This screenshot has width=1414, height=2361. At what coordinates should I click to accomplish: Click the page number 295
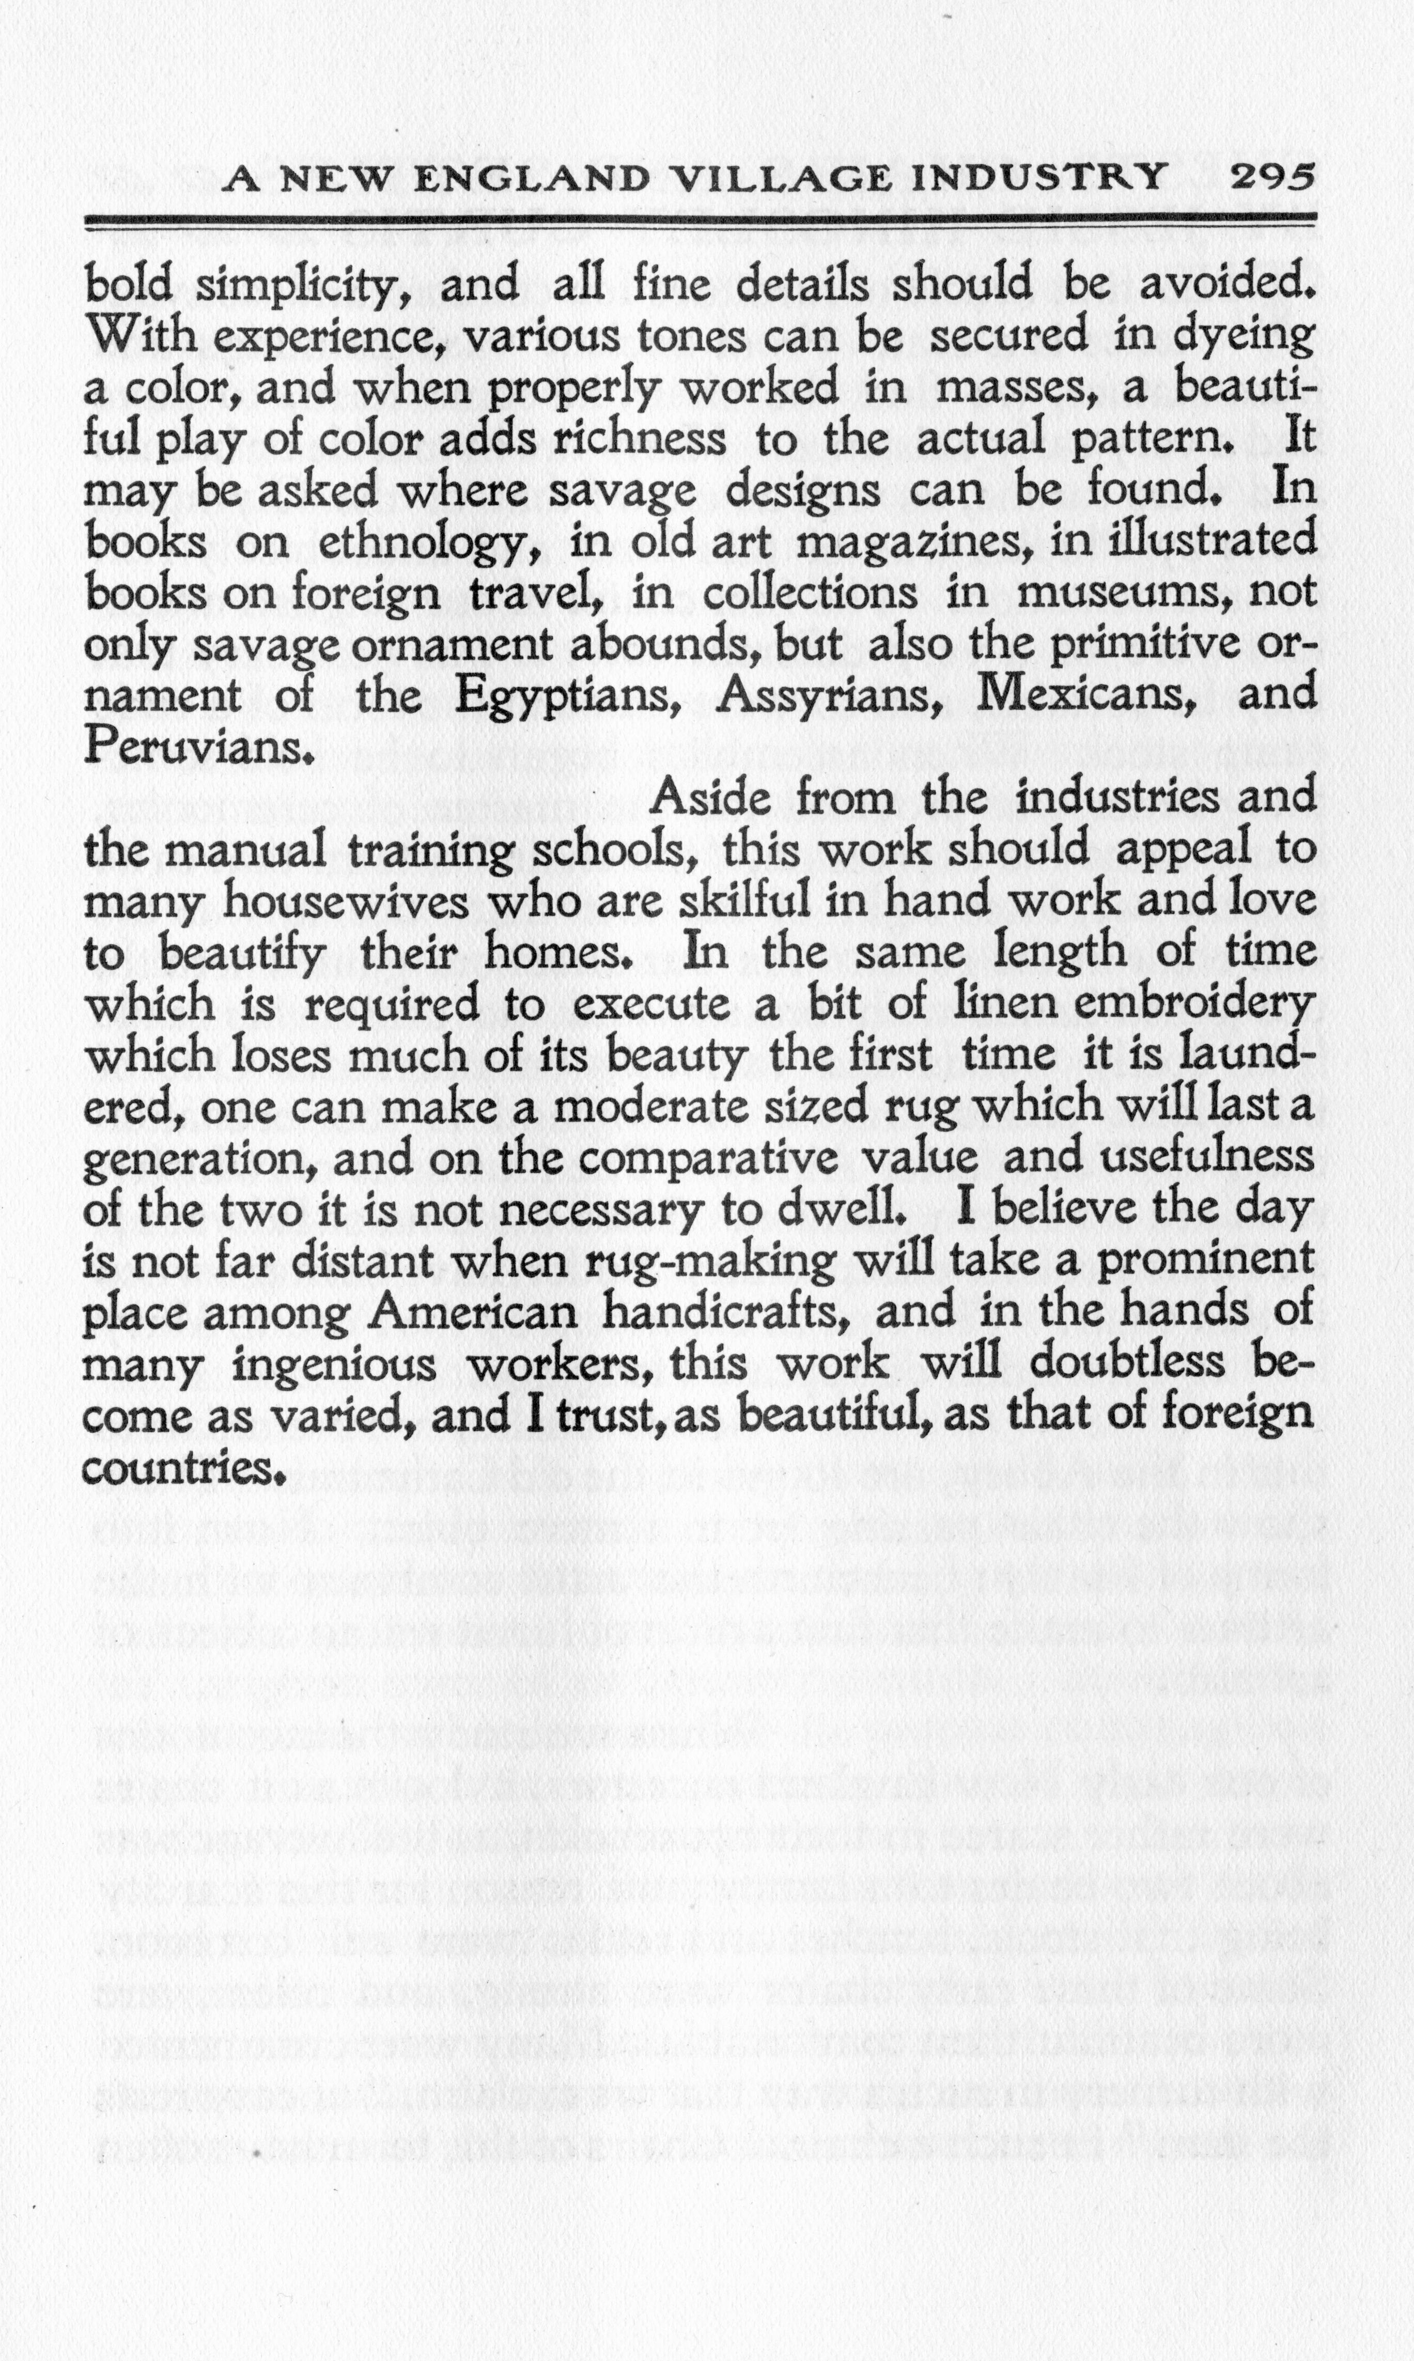pos(1272,178)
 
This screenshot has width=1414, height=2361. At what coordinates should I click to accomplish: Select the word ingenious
pos(334,1367)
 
